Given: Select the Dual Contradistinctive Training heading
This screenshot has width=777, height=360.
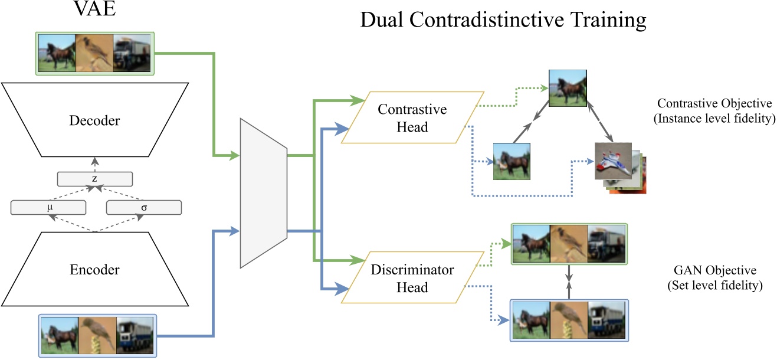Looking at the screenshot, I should [503, 21].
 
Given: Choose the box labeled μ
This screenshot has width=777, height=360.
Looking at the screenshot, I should [49, 208].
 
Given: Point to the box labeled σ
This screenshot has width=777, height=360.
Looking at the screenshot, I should [143, 208].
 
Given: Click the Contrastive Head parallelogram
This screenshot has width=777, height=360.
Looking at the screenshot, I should [413, 117].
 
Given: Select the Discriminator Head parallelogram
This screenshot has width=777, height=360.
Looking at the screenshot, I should [413, 279].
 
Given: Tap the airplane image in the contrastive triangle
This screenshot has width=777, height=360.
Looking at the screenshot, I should [613, 161].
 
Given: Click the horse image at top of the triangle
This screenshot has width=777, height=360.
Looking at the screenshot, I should [567, 89].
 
